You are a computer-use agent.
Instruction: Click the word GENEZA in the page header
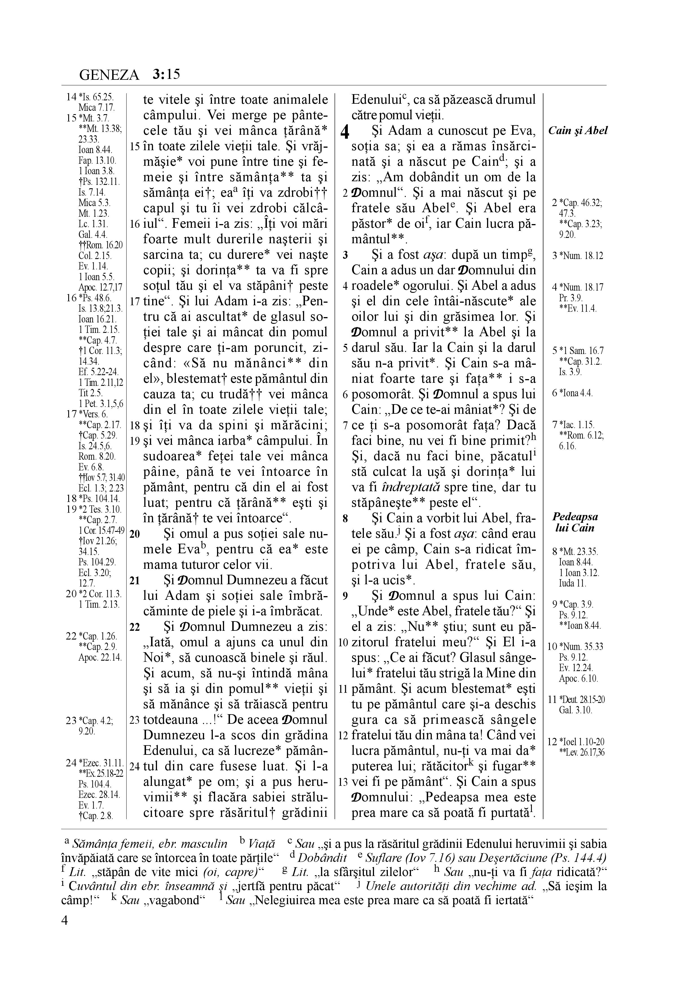(109, 75)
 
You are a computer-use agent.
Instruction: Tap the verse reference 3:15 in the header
(166, 75)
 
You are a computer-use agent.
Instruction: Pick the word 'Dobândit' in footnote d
(322, 857)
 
